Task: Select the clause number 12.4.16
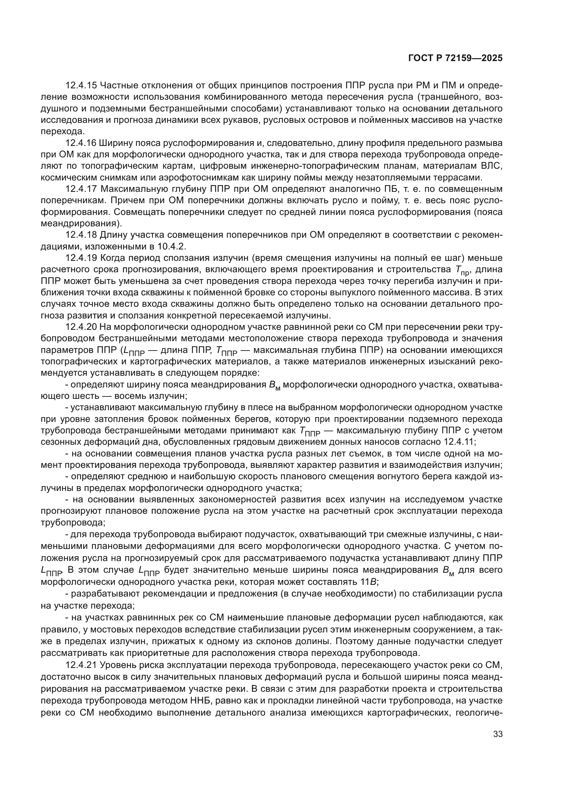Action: click(x=81, y=143)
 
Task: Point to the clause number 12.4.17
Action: click(x=81, y=189)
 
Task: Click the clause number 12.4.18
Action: click(x=81, y=235)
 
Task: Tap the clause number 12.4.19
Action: click(x=81, y=258)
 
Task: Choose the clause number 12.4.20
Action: click(x=81, y=327)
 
